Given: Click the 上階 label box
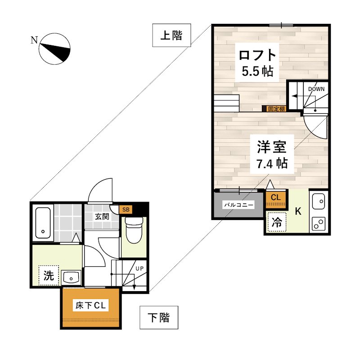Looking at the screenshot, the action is pos(171,35).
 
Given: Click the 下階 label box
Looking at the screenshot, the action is pos(159,318).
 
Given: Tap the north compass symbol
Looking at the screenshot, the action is pos(54,49).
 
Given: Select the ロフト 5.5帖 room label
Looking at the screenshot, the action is pos(257,62).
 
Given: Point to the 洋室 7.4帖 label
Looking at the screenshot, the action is pos(272,154).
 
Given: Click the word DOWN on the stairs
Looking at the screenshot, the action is pos(316,89).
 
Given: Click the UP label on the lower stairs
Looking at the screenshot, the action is pos(139,268).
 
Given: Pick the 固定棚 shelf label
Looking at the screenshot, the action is pos(276,109).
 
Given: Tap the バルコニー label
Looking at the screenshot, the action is pos(239,205).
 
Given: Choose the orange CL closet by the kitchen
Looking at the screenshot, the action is pos(276,199).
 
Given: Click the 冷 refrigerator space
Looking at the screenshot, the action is pos(277,222).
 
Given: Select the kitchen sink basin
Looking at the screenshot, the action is pos(319,201).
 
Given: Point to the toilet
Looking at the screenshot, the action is pos(134,229).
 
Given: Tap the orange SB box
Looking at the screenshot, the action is pos(126,209).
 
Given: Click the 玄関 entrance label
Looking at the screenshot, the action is pos(102,216).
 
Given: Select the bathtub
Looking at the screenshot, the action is pos(43,223).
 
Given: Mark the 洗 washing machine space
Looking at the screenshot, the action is pos(49,275).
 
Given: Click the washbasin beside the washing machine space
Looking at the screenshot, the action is pos(71,277).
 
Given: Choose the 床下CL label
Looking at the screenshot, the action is pos(90,306).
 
